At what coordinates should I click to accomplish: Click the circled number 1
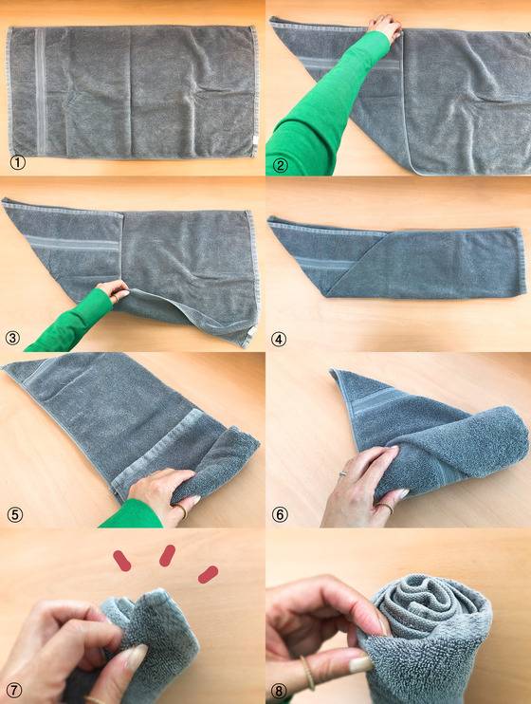pos(17,162)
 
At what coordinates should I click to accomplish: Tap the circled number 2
pos(280,166)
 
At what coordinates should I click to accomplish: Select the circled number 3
pos(12,338)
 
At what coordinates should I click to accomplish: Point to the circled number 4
pos(278,340)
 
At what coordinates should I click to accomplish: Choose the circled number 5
pos(14,515)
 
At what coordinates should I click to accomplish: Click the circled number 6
pos(280,514)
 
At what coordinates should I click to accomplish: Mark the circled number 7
pos(13,690)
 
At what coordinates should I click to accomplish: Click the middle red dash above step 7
pos(167,555)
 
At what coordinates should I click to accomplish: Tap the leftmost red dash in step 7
pos(122,561)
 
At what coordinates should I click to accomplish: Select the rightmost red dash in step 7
pos(209,574)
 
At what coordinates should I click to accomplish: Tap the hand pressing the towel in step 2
pos(385,27)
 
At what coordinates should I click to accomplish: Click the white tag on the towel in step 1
pos(255,139)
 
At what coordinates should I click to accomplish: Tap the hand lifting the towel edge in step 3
pos(113,291)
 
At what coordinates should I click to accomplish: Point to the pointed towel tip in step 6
pos(334,371)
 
